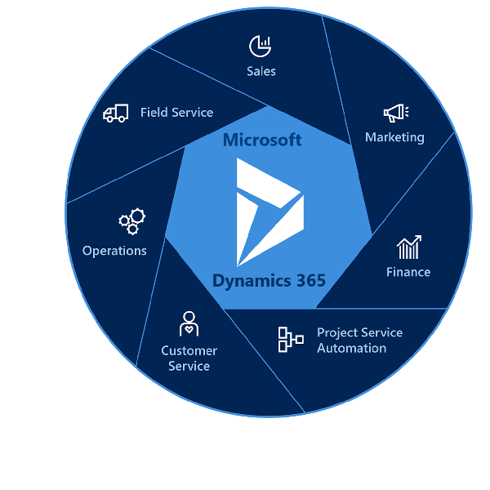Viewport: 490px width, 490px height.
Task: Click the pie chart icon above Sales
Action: [x=261, y=46]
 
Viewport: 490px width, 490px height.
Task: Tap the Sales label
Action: [x=261, y=71]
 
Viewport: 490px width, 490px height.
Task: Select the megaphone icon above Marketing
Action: [x=395, y=114]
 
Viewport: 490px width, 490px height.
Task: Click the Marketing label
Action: [x=394, y=137]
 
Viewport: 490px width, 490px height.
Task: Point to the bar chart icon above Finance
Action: [x=408, y=247]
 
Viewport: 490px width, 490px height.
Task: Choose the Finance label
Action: [x=408, y=272]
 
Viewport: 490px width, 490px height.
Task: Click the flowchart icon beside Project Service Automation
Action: [x=290, y=340]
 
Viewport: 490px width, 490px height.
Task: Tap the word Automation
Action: [x=352, y=348]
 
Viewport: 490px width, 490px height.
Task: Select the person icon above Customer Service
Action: [x=189, y=323]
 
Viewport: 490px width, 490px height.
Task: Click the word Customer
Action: [x=189, y=350]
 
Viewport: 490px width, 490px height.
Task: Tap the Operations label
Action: [x=114, y=251]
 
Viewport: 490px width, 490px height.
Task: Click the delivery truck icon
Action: [x=116, y=114]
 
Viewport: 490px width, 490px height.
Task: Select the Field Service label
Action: [x=176, y=113]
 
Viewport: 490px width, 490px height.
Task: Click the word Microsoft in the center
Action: [x=262, y=140]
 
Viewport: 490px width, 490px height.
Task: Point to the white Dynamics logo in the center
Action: [x=268, y=212]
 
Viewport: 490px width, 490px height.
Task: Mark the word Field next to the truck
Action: [x=154, y=113]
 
